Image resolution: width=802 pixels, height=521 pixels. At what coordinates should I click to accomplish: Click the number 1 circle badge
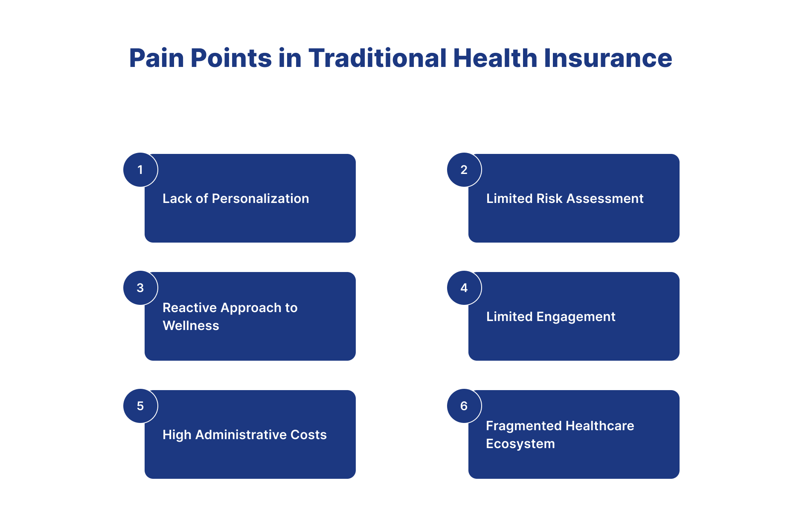coord(140,170)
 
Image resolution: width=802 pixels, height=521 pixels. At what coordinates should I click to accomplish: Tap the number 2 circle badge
coord(464,170)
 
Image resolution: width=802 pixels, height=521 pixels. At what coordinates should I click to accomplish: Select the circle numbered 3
coord(140,288)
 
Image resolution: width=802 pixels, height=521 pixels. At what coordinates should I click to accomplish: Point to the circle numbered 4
coord(464,288)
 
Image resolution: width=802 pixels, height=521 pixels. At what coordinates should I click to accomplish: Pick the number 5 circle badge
coord(140,406)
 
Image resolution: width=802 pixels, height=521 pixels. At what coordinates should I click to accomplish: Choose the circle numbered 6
coord(464,406)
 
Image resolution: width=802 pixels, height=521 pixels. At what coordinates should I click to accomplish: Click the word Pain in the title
coord(157,58)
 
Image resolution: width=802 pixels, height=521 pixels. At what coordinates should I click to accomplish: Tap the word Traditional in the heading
coord(378,58)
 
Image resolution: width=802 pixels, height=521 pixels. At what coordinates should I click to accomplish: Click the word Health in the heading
coord(495,58)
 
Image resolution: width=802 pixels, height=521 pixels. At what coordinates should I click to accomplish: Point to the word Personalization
coord(260,199)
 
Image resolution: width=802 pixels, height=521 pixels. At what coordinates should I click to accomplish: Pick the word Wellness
coord(191,326)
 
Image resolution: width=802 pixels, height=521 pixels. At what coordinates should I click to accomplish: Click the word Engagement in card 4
coord(575,317)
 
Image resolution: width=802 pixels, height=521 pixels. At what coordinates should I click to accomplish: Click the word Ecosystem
coord(520,444)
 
